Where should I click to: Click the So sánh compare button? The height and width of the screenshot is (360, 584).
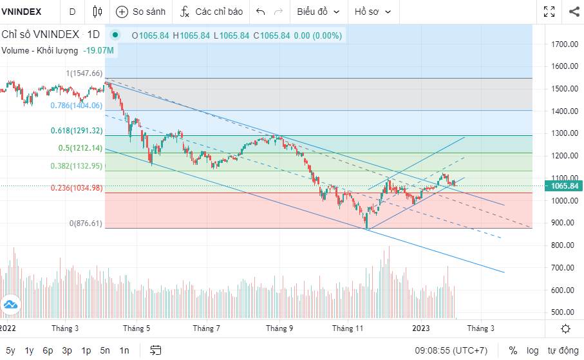point(141,12)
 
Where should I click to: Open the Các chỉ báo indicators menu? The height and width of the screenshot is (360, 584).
point(212,12)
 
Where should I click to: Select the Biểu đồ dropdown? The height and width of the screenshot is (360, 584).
point(317,12)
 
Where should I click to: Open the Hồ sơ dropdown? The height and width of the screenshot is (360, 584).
point(372,12)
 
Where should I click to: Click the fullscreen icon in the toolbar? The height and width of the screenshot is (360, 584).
point(549,12)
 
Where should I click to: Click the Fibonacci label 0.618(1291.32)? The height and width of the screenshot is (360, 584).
point(77,131)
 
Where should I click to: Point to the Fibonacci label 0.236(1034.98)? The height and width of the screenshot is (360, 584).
point(77,188)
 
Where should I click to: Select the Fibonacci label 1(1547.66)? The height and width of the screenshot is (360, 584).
point(84,73)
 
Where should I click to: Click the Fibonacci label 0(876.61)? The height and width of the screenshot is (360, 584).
point(86,223)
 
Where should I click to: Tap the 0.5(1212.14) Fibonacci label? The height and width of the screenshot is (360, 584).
point(80,148)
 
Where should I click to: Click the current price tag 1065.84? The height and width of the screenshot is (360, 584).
point(564,186)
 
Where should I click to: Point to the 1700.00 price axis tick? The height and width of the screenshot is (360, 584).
point(563,44)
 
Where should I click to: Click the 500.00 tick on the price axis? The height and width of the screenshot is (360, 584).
point(563,312)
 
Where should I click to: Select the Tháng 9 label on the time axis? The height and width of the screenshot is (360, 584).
point(280,328)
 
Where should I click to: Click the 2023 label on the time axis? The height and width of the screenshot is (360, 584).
point(422,328)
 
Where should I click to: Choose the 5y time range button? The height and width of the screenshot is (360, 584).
point(10,351)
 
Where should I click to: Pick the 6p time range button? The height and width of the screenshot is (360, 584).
point(48,351)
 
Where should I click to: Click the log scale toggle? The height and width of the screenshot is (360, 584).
point(532,351)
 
